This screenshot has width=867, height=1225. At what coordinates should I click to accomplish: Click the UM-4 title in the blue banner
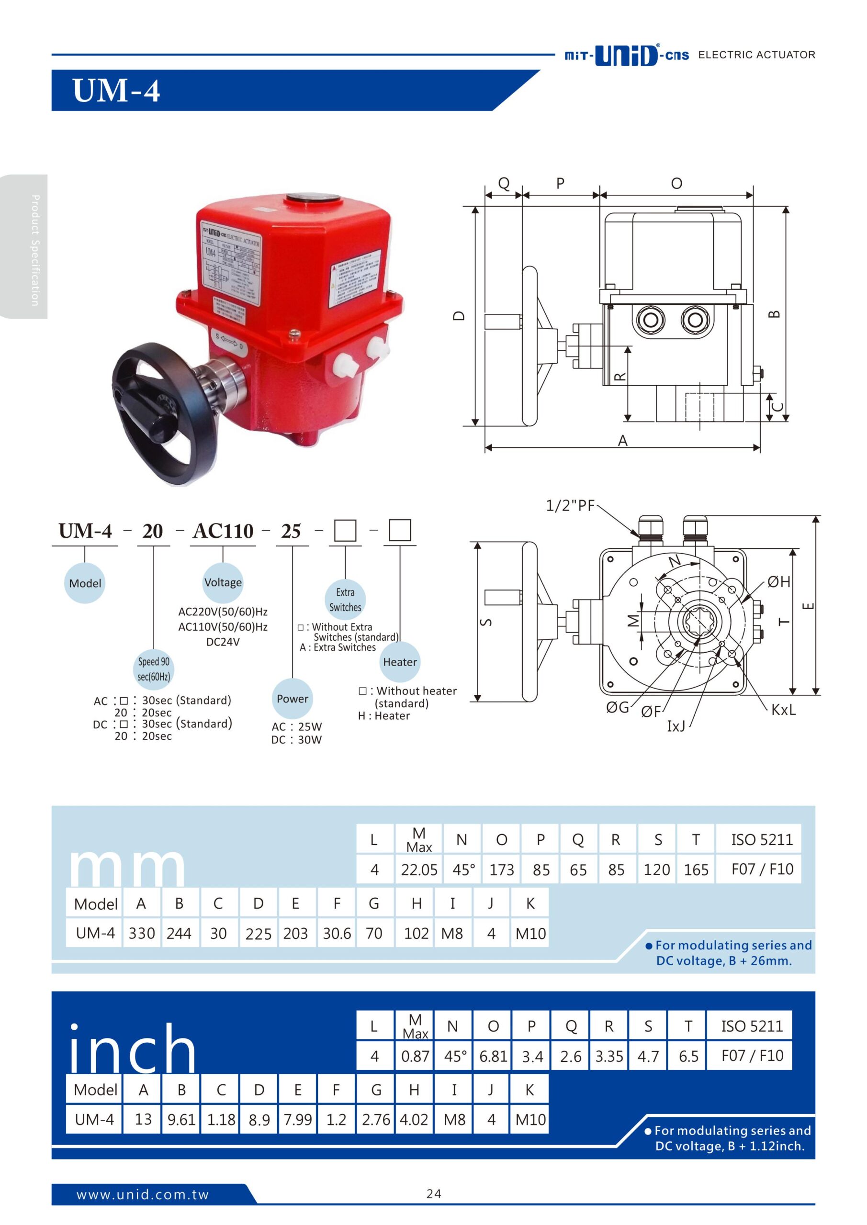(116, 91)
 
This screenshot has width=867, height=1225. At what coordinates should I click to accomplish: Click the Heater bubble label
(400, 662)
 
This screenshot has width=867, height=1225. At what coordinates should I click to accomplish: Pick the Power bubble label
(292, 699)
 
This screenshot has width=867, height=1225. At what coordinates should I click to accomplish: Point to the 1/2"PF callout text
(570, 506)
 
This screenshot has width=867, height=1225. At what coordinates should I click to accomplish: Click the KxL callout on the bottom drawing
(783, 710)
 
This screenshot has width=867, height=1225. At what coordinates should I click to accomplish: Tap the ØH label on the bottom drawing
(778, 582)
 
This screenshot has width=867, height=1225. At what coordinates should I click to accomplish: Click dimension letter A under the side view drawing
(622, 441)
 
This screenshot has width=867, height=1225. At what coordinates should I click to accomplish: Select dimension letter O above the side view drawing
(676, 184)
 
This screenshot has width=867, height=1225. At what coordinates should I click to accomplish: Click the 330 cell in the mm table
(142, 933)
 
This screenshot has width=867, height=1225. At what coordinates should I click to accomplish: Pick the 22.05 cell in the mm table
(419, 869)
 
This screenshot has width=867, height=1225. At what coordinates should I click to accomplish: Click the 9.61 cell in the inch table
(181, 1119)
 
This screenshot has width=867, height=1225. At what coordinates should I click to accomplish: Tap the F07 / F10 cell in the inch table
(752, 1055)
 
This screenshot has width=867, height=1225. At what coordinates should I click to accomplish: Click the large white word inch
(133, 1048)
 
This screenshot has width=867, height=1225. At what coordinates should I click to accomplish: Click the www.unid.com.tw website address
(143, 1194)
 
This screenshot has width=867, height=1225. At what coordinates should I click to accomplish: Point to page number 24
(434, 1194)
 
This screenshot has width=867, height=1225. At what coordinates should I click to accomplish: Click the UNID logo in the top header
(626, 55)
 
